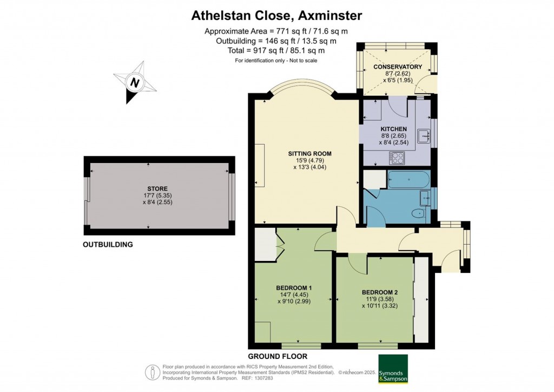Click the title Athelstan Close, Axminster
click(276, 16)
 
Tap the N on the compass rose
click(134, 82)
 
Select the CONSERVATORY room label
click(398, 67)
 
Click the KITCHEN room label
click(394, 129)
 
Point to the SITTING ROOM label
click(310, 153)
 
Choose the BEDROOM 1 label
click(294, 288)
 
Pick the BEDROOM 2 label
click(380, 292)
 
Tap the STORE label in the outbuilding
click(157, 189)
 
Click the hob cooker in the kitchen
click(397, 158)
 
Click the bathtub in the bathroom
click(408, 179)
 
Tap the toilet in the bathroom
click(420, 213)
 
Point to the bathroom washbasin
click(424, 198)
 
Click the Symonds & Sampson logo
click(393, 369)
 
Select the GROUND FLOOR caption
click(278, 356)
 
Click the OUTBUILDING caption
click(108, 244)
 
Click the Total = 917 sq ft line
click(276, 50)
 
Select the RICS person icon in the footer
click(153, 373)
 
